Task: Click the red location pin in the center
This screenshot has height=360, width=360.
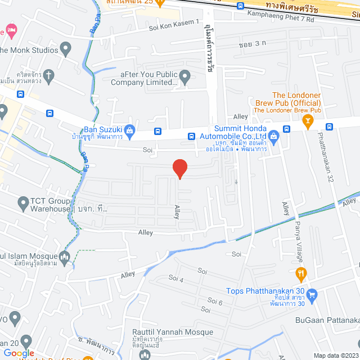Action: click(179, 168)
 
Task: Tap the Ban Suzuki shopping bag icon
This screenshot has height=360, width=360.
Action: click(130, 131)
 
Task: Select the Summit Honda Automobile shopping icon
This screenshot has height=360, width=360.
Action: click(273, 136)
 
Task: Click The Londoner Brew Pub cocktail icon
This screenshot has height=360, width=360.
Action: click(308, 120)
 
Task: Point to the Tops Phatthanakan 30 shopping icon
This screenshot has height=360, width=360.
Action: click(313, 294)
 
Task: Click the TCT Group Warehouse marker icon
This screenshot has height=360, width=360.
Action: click(23, 202)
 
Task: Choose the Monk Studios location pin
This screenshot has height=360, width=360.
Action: click(66, 49)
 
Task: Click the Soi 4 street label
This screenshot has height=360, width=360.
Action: click(176, 279)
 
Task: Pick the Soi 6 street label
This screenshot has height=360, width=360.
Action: click(215, 302)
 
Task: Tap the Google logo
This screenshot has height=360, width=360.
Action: click(19, 353)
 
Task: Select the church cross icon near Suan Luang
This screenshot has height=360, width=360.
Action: click(49, 75)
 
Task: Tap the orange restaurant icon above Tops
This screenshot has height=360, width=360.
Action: click(301, 274)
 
